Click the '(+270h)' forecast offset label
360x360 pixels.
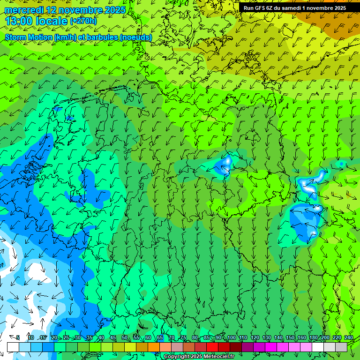tap(83, 21)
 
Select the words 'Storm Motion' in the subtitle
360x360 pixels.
tap(28, 37)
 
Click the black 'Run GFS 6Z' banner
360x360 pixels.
tap(294, 7)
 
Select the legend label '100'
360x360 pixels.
tap(231, 338)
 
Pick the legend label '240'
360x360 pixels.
tap(348, 338)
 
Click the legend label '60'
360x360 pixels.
tap(148, 338)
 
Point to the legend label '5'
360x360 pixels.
tap(18, 338)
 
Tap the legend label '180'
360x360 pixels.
tap(313, 338)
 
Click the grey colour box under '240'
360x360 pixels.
tap(341, 347)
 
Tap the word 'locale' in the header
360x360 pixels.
tap(53, 21)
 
